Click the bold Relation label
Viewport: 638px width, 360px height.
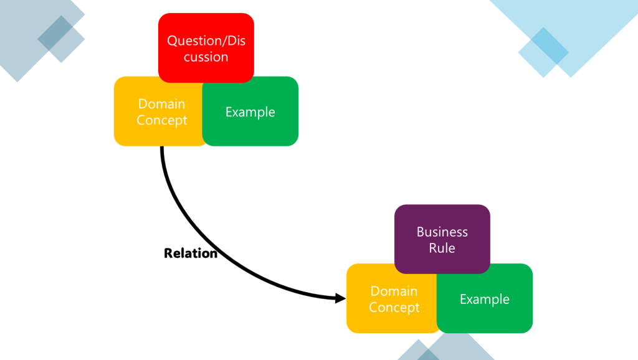pyautogui.click(x=191, y=253)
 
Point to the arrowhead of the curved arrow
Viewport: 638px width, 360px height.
pyautogui.click(x=341, y=298)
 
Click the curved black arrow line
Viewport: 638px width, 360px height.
pyautogui.click(x=181, y=212)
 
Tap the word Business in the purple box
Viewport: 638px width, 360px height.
pyautogui.click(x=442, y=232)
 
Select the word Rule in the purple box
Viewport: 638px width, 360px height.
pyautogui.click(x=442, y=248)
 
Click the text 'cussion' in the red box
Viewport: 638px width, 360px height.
pyautogui.click(x=206, y=57)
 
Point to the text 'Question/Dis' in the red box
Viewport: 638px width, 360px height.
pyautogui.click(x=206, y=41)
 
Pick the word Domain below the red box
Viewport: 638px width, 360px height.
pyautogui.click(x=161, y=104)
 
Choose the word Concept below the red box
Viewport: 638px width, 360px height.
pyautogui.click(x=161, y=120)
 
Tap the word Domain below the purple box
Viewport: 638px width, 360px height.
pyautogui.click(x=394, y=291)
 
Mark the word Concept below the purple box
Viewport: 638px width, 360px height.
pyautogui.click(x=394, y=307)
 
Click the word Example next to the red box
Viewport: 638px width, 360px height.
pyautogui.click(x=250, y=112)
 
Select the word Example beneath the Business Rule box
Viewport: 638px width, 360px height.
pyautogui.click(x=484, y=299)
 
